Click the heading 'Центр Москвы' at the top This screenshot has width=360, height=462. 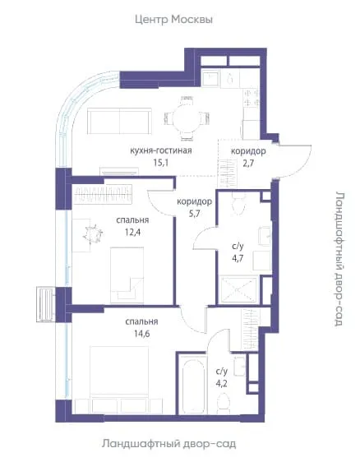tap(173, 20)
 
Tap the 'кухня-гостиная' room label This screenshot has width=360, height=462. tap(161, 150)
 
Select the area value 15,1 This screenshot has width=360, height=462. tap(161, 162)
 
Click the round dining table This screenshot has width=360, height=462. tap(187, 118)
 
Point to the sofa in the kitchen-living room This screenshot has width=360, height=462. tap(120, 121)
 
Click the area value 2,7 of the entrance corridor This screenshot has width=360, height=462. tap(248, 163)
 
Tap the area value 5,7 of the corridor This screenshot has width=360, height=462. tap(194, 214)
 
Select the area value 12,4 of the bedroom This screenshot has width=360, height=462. tap(132, 233)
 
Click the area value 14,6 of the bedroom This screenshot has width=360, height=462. tap(141, 334)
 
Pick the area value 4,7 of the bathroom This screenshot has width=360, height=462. tap(238, 258)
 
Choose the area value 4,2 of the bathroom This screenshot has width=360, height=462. tap(222, 384)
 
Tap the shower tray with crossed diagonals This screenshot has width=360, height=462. tap(238, 289)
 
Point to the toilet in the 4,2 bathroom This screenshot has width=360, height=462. tap(224, 404)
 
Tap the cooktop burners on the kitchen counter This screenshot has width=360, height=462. tap(252, 98)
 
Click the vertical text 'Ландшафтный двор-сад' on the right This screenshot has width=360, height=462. tap(339, 259)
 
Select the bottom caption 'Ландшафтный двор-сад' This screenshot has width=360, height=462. tap(169, 443)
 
